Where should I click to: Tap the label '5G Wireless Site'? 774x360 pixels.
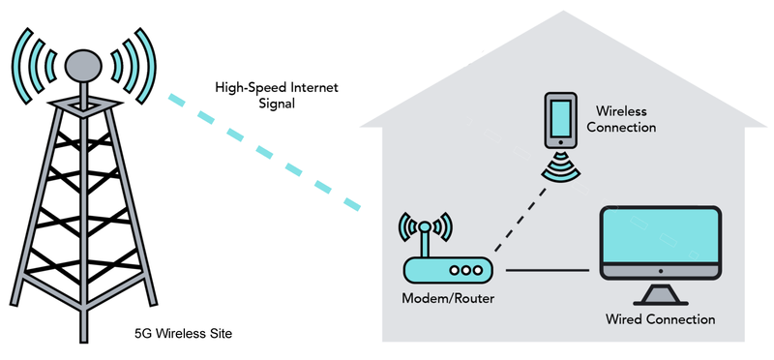click(184, 334)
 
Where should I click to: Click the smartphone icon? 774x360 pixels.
click(559, 120)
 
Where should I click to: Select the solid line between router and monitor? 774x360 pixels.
click(548, 270)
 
